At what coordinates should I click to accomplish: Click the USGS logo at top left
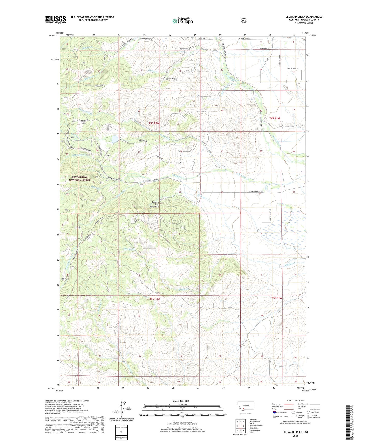coord(56,20)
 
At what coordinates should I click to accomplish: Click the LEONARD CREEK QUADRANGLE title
coord(304,17)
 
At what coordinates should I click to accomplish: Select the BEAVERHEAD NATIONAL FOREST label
coord(79,178)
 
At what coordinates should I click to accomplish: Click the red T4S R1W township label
coord(275,118)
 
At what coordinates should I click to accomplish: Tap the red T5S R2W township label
coord(155,299)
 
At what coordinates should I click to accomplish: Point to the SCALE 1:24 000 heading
coord(181,401)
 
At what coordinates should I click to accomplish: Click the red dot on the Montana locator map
coord(243,410)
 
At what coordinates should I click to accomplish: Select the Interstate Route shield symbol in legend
coord(274,412)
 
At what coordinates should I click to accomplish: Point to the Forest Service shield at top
coord(244,20)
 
